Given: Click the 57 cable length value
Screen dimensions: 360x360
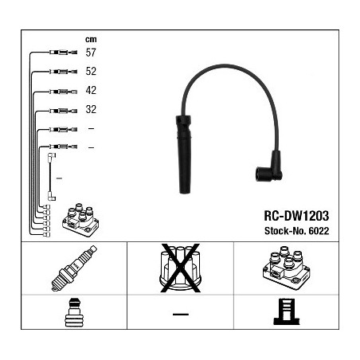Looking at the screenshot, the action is [x=91, y=53].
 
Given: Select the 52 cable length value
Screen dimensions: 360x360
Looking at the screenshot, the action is [x=91, y=71].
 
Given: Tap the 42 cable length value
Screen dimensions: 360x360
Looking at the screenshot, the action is [x=91, y=90].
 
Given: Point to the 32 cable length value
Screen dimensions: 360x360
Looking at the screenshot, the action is [x=91, y=109].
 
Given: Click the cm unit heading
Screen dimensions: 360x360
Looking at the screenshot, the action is [x=91, y=39].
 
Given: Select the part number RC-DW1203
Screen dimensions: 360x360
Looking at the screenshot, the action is [x=296, y=216].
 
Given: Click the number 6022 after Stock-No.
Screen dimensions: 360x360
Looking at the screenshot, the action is [x=319, y=231].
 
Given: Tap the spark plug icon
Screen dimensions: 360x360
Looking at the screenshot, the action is [x=74, y=268].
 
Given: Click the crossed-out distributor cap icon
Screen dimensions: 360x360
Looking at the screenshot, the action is [x=180, y=268].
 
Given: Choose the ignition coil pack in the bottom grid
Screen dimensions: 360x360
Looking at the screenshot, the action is [x=286, y=268].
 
